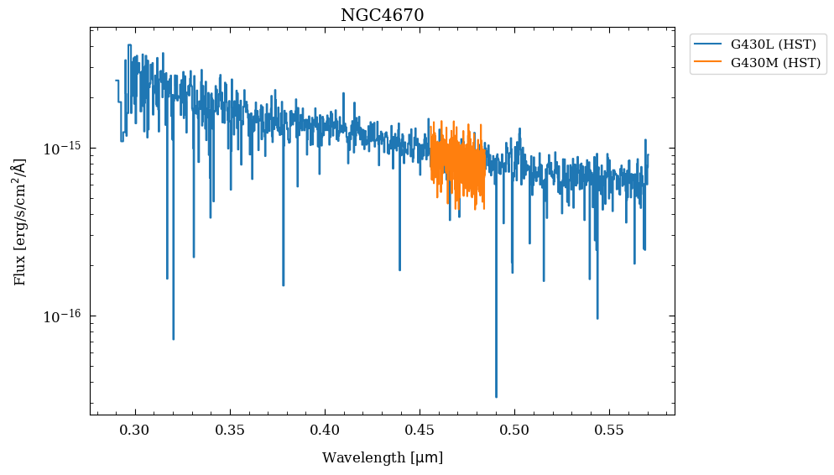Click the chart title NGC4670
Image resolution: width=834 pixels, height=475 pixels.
(382, 15)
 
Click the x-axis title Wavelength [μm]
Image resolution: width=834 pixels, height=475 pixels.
(382, 458)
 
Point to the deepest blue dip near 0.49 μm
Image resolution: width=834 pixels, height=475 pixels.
(496, 396)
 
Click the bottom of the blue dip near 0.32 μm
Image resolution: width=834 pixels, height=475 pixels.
(173, 338)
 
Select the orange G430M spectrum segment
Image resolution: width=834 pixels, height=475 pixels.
(457, 164)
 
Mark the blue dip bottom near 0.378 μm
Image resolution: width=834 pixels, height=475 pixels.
(283, 284)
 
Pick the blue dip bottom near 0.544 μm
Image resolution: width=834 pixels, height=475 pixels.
(597, 318)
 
